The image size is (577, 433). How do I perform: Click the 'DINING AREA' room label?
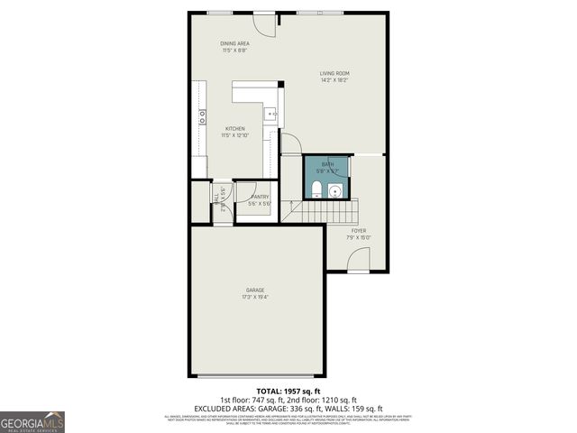(x=234, y=43)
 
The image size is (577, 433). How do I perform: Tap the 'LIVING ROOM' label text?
(x=334, y=73)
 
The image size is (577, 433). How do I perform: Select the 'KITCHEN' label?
(x=234, y=129)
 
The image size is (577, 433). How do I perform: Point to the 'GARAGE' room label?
(x=255, y=290)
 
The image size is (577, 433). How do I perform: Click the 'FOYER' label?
(x=360, y=230)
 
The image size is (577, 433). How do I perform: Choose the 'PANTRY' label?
(x=260, y=197)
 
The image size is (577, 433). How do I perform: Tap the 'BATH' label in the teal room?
(x=327, y=164)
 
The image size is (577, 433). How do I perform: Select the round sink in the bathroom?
(x=335, y=189)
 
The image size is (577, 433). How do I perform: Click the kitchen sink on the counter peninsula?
(x=270, y=114)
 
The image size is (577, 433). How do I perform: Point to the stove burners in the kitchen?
(x=201, y=114)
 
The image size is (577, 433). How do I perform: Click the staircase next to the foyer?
(x=325, y=212)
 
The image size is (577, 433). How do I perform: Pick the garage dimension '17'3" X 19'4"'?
(x=255, y=297)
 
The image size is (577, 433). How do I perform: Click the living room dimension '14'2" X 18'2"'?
(x=334, y=80)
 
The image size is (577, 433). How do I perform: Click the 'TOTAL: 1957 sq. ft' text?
(x=288, y=391)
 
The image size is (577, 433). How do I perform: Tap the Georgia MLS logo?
(x=32, y=421)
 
